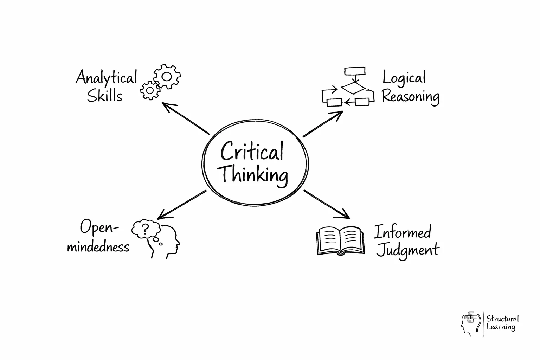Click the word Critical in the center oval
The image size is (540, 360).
(x=252, y=152)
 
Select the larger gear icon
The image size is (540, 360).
(x=167, y=76)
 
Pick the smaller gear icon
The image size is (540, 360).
(x=150, y=91)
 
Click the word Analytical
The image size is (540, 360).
(x=106, y=77)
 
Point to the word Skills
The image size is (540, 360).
(x=104, y=96)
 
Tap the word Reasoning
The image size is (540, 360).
(x=411, y=96)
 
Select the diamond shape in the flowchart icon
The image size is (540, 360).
(x=353, y=88)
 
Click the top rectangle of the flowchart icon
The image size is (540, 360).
(x=355, y=71)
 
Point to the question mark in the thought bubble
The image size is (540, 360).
(x=146, y=229)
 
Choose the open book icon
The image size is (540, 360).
(x=339, y=240)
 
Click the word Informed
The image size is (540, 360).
(x=402, y=232)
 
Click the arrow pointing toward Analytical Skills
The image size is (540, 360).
(x=186, y=118)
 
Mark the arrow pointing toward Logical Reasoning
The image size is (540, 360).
(x=323, y=124)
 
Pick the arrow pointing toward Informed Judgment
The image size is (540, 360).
(x=327, y=204)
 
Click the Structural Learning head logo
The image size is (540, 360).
(x=470, y=323)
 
